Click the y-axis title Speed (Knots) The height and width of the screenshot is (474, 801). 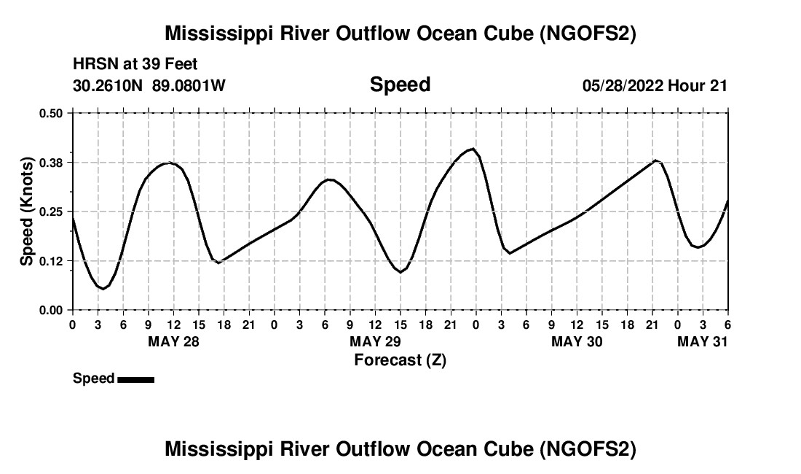(26, 211)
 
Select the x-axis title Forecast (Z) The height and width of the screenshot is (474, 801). (400, 360)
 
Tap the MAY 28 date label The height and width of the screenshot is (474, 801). (173, 342)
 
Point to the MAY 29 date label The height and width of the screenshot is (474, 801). (375, 342)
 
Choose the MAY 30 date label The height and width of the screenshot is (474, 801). (577, 342)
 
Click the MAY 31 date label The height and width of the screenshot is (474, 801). (703, 342)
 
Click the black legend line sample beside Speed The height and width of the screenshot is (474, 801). (135, 379)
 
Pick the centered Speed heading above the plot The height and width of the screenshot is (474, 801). (400, 85)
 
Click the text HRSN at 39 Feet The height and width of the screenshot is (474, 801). (135, 65)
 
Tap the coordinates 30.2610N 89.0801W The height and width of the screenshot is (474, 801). (149, 85)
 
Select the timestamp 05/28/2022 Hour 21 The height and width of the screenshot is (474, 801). (655, 85)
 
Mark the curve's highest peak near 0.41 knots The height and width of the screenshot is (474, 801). (473, 149)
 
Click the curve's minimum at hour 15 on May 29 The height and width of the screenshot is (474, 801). (400, 272)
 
